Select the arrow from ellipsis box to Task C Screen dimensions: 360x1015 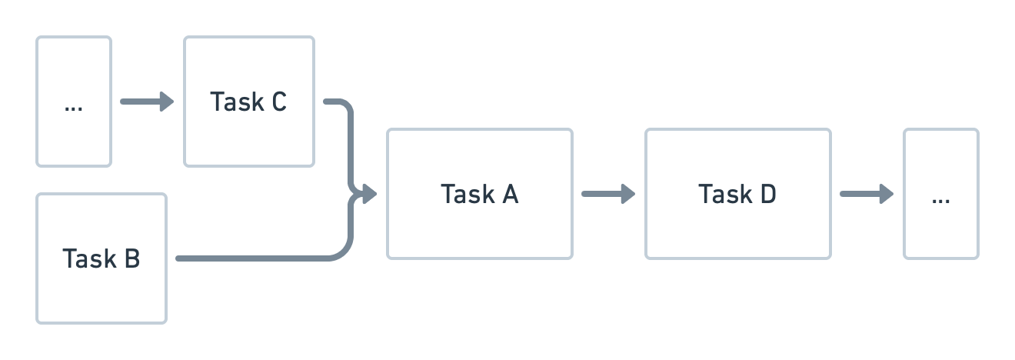click(146, 102)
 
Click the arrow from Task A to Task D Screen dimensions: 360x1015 click(607, 194)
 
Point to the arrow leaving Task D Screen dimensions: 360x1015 click(866, 194)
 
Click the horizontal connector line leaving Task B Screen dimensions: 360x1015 click(254, 258)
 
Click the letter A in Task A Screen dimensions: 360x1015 click(509, 194)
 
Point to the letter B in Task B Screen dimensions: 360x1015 click(131, 258)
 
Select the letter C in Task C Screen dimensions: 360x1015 click(278, 102)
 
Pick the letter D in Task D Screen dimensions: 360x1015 click(767, 194)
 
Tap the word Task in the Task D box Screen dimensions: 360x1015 click(723, 194)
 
